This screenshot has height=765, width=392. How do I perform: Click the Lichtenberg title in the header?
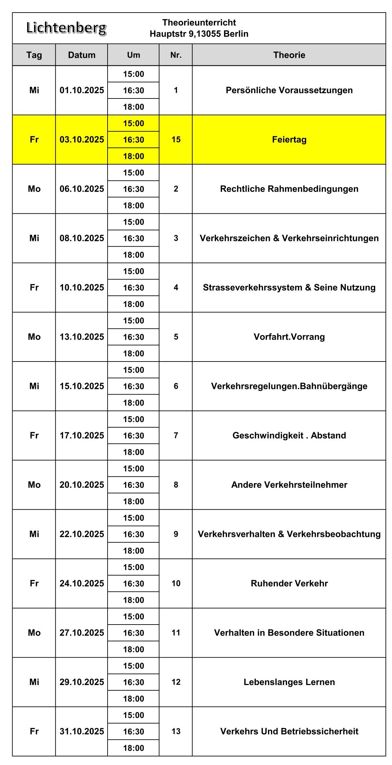(66, 28)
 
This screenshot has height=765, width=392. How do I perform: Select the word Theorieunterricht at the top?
(199, 22)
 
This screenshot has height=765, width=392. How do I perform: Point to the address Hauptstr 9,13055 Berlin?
(199, 34)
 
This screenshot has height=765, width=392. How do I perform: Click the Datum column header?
(82, 55)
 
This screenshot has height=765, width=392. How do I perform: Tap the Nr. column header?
(176, 55)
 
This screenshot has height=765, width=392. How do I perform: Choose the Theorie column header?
(289, 55)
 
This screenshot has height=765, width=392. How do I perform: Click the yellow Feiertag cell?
(289, 139)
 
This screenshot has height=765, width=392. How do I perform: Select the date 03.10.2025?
(82, 139)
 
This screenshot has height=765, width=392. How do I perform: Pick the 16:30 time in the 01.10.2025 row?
(134, 90)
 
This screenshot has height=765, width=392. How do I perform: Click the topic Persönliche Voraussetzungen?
(289, 90)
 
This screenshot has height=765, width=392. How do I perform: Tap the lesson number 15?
(176, 139)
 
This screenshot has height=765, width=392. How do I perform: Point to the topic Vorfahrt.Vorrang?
(289, 337)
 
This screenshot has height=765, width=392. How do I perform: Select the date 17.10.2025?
(82, 435)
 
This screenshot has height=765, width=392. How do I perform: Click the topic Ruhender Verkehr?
(289, 583)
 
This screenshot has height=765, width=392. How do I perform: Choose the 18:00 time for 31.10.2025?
(134, 748)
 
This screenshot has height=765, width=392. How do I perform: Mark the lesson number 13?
(176, 731)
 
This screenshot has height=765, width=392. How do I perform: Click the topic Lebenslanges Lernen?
(289, 682)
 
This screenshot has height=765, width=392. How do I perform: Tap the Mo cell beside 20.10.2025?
(34, 485)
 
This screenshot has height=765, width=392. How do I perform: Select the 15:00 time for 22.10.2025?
(134, 518)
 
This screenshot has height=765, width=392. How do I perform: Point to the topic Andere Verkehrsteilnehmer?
(289, 485)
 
